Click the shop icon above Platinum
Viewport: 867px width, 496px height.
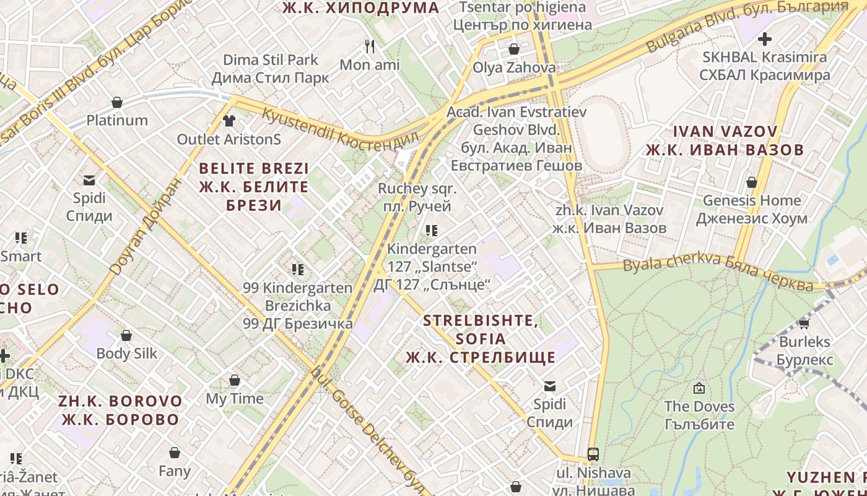[x=117, y=102]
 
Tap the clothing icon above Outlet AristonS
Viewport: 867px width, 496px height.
[x=229, y=121]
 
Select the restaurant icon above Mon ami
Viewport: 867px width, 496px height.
[x=370, y=46]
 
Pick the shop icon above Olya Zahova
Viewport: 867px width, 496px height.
[x=514, y=49]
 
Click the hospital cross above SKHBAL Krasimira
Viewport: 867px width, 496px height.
[x=765, y=39]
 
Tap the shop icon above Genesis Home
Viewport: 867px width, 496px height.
[x=751, y=182]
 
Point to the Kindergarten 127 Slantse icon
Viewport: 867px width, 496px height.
[x=432, y=231]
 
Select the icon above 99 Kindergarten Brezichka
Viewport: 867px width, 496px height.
[x=298, y=270]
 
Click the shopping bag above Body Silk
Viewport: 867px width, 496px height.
[x=126, y=335]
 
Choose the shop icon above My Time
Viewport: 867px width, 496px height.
[x=235, y=380]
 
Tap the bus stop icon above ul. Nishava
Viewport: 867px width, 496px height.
[x=593, y=454]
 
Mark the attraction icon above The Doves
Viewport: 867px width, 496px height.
[x=699, y=389]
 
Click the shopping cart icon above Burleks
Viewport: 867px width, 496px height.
[x=804, y=323]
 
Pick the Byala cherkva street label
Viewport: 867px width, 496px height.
[x=718, y=273]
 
